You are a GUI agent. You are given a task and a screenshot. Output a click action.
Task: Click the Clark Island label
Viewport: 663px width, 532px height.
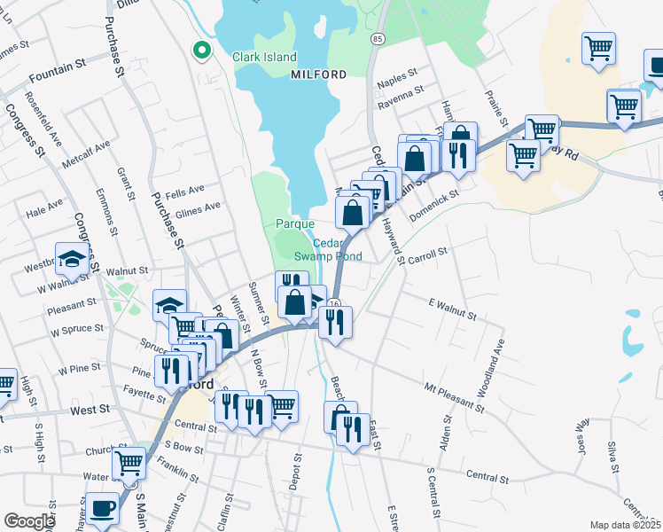[x=264, y=57]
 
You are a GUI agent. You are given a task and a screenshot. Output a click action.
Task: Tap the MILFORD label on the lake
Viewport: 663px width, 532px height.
[x=319, y=75]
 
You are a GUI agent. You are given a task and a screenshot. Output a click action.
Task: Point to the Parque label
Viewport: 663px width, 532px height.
[x=295, y=223]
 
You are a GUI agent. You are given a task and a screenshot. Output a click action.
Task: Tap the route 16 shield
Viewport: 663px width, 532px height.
[x=334, y=304]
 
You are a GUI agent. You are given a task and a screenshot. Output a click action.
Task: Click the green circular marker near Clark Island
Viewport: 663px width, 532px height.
[x=201, y=51]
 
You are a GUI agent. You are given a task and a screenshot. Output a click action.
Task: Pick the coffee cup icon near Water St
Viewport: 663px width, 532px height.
[x=103, y=508]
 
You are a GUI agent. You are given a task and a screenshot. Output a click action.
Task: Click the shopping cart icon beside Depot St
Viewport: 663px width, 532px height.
[x=282, y=406]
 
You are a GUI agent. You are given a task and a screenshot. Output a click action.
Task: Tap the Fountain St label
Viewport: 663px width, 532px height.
[x=56, y=64]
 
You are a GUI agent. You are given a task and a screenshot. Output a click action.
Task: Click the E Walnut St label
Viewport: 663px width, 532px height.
[x=452, y=310]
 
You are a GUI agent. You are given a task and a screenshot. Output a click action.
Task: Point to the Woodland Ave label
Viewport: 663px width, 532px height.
[x=486, y=365]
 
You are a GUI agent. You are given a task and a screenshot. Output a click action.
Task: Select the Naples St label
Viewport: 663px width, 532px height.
[x=397, y=77]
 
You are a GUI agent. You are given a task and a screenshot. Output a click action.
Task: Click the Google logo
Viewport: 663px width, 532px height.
[x=29, y=521]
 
